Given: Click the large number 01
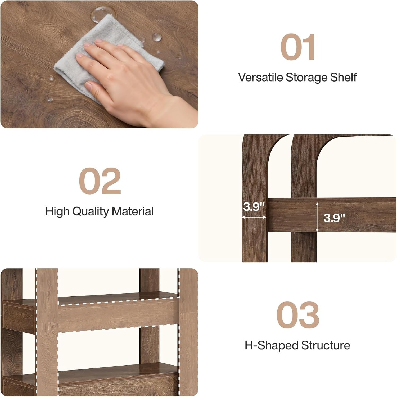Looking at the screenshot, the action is click(298, 47).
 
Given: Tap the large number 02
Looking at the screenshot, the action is click(100, 181).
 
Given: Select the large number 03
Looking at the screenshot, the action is click(298, 315).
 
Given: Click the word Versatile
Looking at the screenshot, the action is click(260, 77).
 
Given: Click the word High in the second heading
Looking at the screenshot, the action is click(57, 212).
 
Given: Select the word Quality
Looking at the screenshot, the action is click(91, 212).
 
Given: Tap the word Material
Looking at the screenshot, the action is click(133, 211).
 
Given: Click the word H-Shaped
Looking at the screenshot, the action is click(271, 346).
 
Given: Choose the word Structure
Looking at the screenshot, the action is click(326, 345).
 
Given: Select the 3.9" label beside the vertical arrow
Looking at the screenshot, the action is click(334, 218).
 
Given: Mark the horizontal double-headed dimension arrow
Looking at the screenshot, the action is click(254, 217).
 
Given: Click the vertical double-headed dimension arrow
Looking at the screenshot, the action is click(317, 217).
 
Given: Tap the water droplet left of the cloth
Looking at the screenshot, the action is click(50, 78).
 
